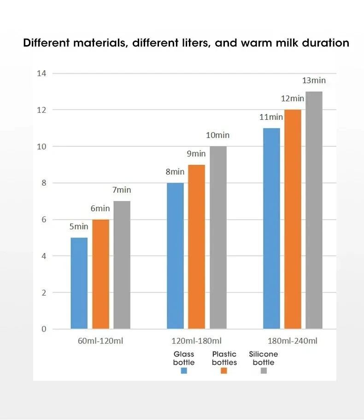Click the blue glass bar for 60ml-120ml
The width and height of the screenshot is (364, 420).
79,283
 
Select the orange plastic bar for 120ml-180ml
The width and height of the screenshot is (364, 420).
196,247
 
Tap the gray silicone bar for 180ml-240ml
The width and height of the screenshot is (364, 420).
314,210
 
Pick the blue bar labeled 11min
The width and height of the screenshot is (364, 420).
271,228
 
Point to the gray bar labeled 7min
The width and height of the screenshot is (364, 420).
122,265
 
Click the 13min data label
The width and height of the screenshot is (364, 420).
314,81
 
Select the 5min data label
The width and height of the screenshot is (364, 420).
79,227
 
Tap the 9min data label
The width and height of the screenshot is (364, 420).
196,154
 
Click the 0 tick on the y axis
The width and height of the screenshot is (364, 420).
44,329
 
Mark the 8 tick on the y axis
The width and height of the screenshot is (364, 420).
44,183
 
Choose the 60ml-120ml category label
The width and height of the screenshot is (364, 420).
100,341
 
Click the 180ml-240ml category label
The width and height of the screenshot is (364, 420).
293,341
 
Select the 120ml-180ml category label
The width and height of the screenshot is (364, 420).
197,341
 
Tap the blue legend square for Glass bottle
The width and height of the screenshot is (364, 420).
184,371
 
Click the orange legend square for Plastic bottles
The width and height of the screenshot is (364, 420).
224,371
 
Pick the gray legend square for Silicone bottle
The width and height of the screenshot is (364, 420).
264,371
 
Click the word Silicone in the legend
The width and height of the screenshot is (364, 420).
264,354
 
